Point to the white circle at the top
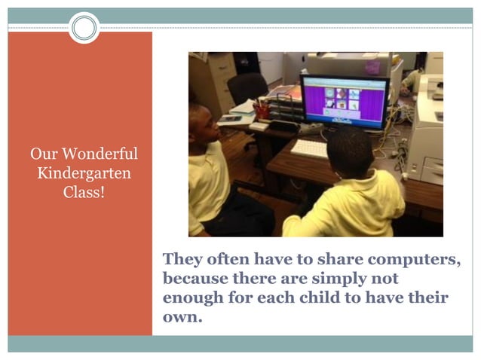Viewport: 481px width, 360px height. [84, 29]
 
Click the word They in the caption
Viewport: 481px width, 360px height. [182, 260]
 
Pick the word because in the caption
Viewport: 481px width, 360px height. [195, 279]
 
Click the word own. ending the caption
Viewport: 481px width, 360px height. [183, 316]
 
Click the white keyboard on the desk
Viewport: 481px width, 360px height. [309, 148]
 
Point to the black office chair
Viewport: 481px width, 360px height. [247, 89]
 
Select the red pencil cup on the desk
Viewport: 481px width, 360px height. [262, 111]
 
